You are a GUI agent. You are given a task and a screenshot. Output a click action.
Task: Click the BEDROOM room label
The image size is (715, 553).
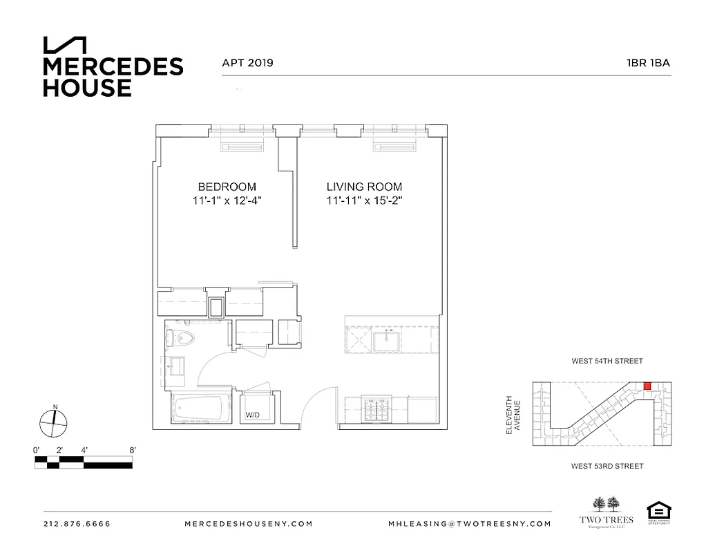(x=227, y=187)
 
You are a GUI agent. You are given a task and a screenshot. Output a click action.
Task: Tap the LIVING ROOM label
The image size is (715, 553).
(x=364, y=187)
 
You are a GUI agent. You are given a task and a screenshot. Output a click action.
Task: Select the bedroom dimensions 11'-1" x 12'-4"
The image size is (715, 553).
(x=227, y=201)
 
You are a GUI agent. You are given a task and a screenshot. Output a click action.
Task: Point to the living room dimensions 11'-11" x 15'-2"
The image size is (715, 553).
(x=364, y=201)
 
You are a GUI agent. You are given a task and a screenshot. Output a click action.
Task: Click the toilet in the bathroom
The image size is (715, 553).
(x=181, y=338)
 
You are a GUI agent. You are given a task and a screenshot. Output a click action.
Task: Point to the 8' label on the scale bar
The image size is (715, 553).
(x=132, y=450)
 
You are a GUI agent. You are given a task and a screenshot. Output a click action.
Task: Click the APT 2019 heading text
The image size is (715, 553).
(x=247, y=63)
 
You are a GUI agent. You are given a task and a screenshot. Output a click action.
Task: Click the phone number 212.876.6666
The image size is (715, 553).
(x=77, y=524)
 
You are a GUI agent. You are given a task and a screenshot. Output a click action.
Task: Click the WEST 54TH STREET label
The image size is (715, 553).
(x=607, y=361)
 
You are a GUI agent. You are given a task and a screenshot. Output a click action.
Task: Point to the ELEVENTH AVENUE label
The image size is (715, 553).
(x=512, y=414)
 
